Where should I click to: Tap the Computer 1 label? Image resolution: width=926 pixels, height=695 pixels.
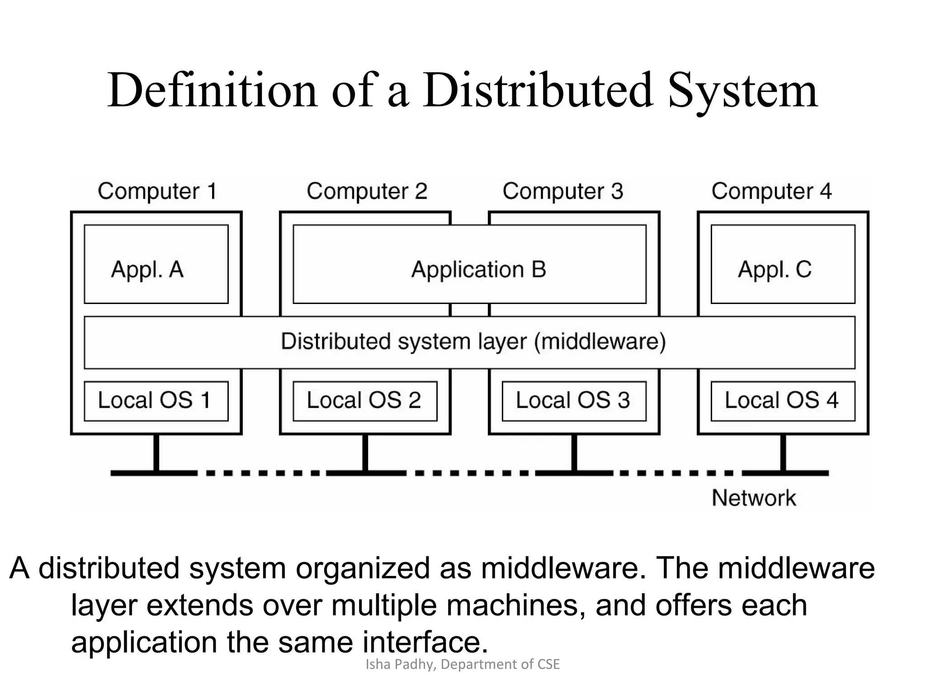point(157,191)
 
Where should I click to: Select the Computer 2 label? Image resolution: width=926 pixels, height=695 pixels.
point(367,191)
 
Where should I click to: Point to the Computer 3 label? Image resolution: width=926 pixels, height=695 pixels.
point(562,191)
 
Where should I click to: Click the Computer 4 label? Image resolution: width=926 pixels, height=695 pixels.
point(771,191)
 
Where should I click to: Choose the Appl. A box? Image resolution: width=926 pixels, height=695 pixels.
point(156,264)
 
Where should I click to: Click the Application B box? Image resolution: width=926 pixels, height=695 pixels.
point(469,264)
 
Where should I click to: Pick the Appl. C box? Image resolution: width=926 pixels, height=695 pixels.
point(783,264)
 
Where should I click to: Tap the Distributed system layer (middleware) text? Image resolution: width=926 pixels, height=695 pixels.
point(473,342)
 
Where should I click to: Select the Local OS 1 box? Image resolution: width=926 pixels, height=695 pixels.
point(156,401)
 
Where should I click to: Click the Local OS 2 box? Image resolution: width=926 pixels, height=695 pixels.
point(365,401)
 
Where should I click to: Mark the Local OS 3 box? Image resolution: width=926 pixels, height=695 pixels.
point(574,401)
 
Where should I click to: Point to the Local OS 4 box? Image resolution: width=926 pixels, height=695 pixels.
point(783,401)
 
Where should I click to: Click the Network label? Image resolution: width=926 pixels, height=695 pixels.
point(754,498)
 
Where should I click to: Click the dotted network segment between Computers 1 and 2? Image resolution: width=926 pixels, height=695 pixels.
point(262,473)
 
